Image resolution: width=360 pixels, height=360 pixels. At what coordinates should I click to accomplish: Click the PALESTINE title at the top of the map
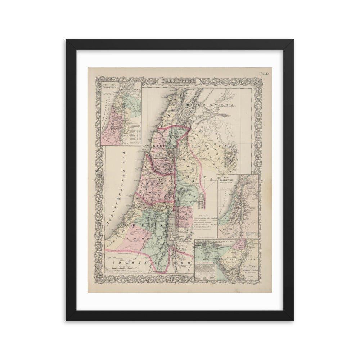pyautogui.click(x=179, y=82)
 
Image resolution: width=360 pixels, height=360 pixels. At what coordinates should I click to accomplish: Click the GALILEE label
pyautogui.click(x=164, y=147)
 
